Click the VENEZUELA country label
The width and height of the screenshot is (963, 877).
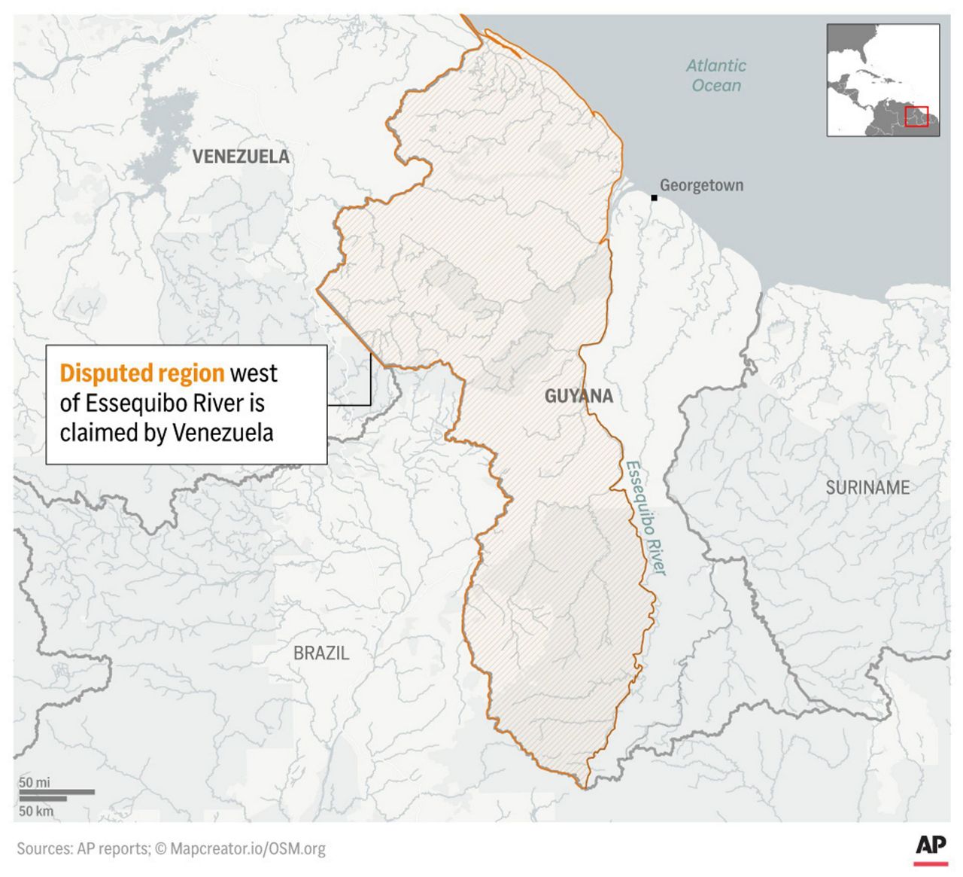click(x=241, y=157)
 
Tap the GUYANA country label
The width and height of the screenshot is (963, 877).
click(x=579, y=396)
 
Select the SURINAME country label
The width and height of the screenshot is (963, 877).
click(x=867, y=488)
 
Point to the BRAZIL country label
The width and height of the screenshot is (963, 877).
click(x=321, y=653)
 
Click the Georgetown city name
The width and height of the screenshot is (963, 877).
click(x=701, y=185)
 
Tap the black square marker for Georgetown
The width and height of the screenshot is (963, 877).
click(x=655, y=198)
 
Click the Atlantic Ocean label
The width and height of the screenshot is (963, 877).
click(x=716, y=75)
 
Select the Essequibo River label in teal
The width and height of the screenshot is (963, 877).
click(x=646, y=517)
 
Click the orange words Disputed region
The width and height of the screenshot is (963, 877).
click(x=142, y=373)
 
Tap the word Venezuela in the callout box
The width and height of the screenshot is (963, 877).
click(x=223, y=433)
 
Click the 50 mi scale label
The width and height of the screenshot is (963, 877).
click(x=35, y=782)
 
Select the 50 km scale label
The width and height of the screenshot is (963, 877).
click(x=36, y=811)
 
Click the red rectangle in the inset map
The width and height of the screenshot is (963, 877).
click(x=916, y=117)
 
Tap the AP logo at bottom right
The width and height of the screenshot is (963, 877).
click(x=931, y=847)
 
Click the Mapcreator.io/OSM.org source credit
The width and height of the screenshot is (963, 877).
click(x=248, y=849)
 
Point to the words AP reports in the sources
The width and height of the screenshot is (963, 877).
click(x=113, y=849)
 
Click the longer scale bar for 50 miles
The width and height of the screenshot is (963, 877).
click(x=56, y=792)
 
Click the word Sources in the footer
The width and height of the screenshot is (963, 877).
click(x=44, y=849)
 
